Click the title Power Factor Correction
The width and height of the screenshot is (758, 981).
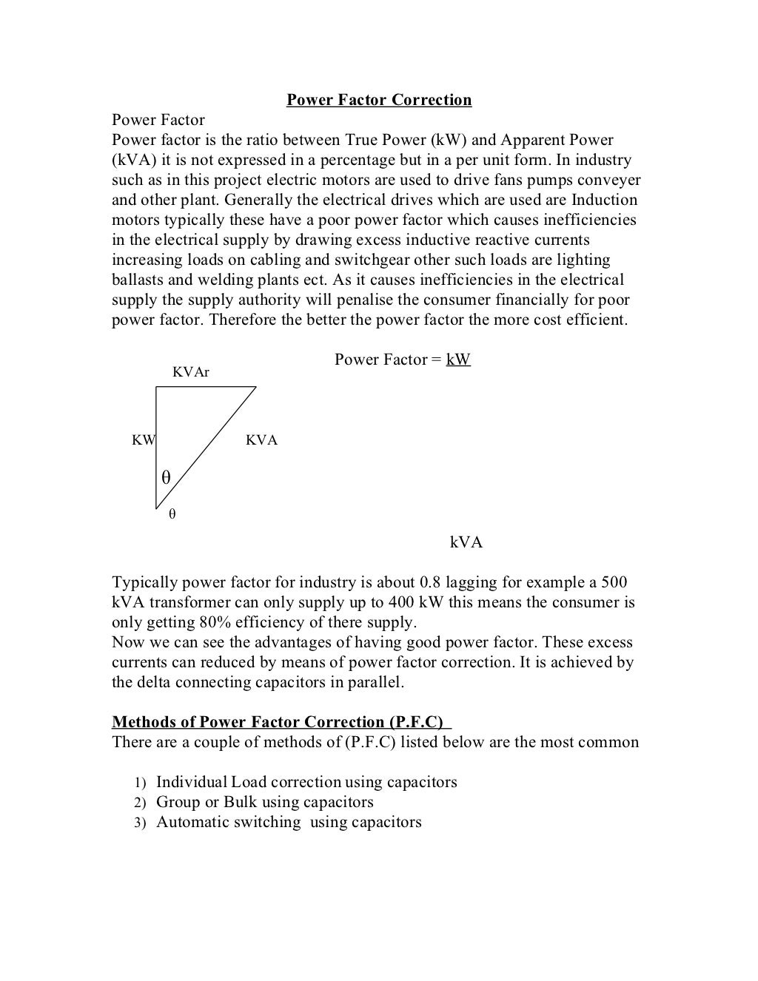[379, 100]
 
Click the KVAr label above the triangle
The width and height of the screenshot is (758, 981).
[191, 372]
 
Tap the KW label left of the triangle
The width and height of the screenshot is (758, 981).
[144, 440]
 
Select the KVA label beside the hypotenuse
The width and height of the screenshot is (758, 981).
[261, 440]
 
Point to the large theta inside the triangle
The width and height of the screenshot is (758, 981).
[166, 478]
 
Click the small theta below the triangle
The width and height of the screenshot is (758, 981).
[172, 513]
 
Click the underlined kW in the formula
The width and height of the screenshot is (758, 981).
[458, 360]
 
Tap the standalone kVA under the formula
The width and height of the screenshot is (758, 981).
[466, 542]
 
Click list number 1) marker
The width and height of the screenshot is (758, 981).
[140, 783]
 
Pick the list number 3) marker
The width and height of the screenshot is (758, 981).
[140, 823]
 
